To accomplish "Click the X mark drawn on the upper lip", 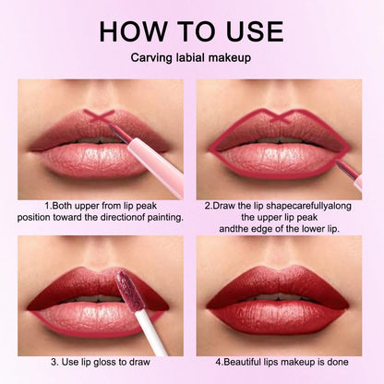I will click(x=98, y=116).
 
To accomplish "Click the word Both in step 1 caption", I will click(x=63, y=205).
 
